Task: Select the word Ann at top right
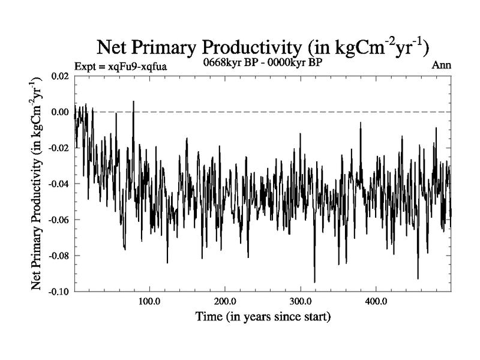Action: click(441, 65)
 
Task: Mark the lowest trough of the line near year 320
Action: click(314, 281)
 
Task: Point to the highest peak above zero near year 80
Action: click(133, 101)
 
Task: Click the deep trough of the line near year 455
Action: click(418, 278)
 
